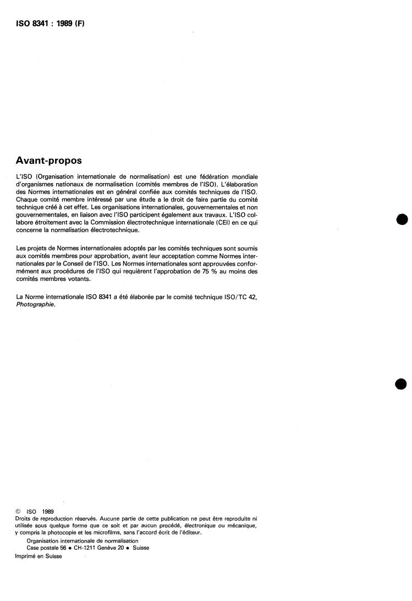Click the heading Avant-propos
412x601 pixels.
[x=49, y=161]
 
